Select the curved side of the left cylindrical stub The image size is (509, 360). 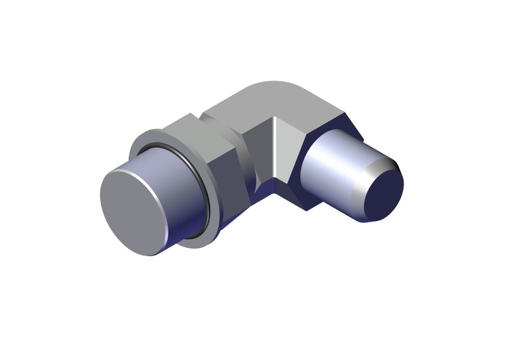pos(173,199)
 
